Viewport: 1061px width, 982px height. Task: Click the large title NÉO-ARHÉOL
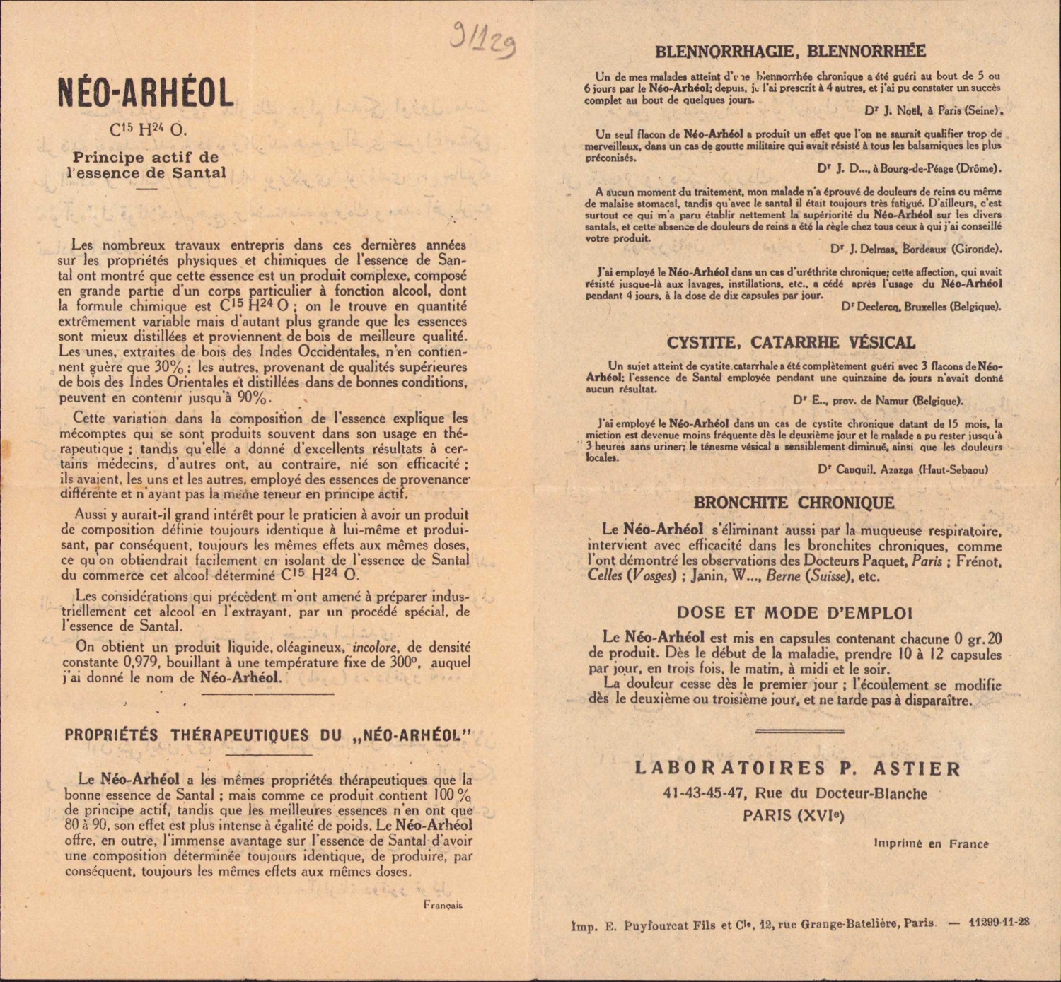[146, 93]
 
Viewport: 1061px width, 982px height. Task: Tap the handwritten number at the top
[484, 40]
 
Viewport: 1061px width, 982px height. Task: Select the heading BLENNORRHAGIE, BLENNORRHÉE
[790, 51]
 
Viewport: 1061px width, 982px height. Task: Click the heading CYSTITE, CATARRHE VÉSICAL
[791, 343]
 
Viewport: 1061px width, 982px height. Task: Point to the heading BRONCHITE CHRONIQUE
[794, 503]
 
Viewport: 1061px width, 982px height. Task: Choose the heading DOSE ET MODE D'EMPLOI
[794, 613]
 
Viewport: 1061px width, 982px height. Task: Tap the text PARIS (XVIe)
[794, 815]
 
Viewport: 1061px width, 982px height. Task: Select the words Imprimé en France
[931, 843]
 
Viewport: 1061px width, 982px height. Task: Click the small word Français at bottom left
[443, 904]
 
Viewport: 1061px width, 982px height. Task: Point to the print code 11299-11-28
[999, 922]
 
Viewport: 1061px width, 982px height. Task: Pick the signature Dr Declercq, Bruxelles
[921, 306]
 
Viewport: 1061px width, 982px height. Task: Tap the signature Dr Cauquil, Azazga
[903, 469]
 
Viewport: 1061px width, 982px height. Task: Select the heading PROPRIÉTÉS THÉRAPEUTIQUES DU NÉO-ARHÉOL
[267, 735]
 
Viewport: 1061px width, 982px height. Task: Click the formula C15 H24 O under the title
[148, 130]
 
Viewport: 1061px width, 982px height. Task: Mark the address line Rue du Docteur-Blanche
[795, 793]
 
